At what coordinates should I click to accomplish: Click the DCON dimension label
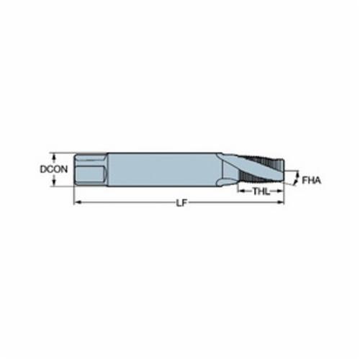click(x=54, y=169)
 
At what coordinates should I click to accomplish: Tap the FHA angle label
click(x=311, y=180)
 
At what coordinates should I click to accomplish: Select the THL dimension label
click(x=261, y=192)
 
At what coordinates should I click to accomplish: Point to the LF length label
click(x=181, y=203)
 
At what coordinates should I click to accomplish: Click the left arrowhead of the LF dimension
click(x=76, y=203)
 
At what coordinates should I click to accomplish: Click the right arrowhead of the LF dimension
click(x=281, y=203)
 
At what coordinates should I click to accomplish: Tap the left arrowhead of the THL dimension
click(x=240, y=192)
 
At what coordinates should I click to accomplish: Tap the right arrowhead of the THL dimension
click(x=281, y=192)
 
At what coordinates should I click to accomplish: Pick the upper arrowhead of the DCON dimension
click(x=54, y=156)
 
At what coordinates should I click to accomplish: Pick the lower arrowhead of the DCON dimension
click(x=54, y=183)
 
